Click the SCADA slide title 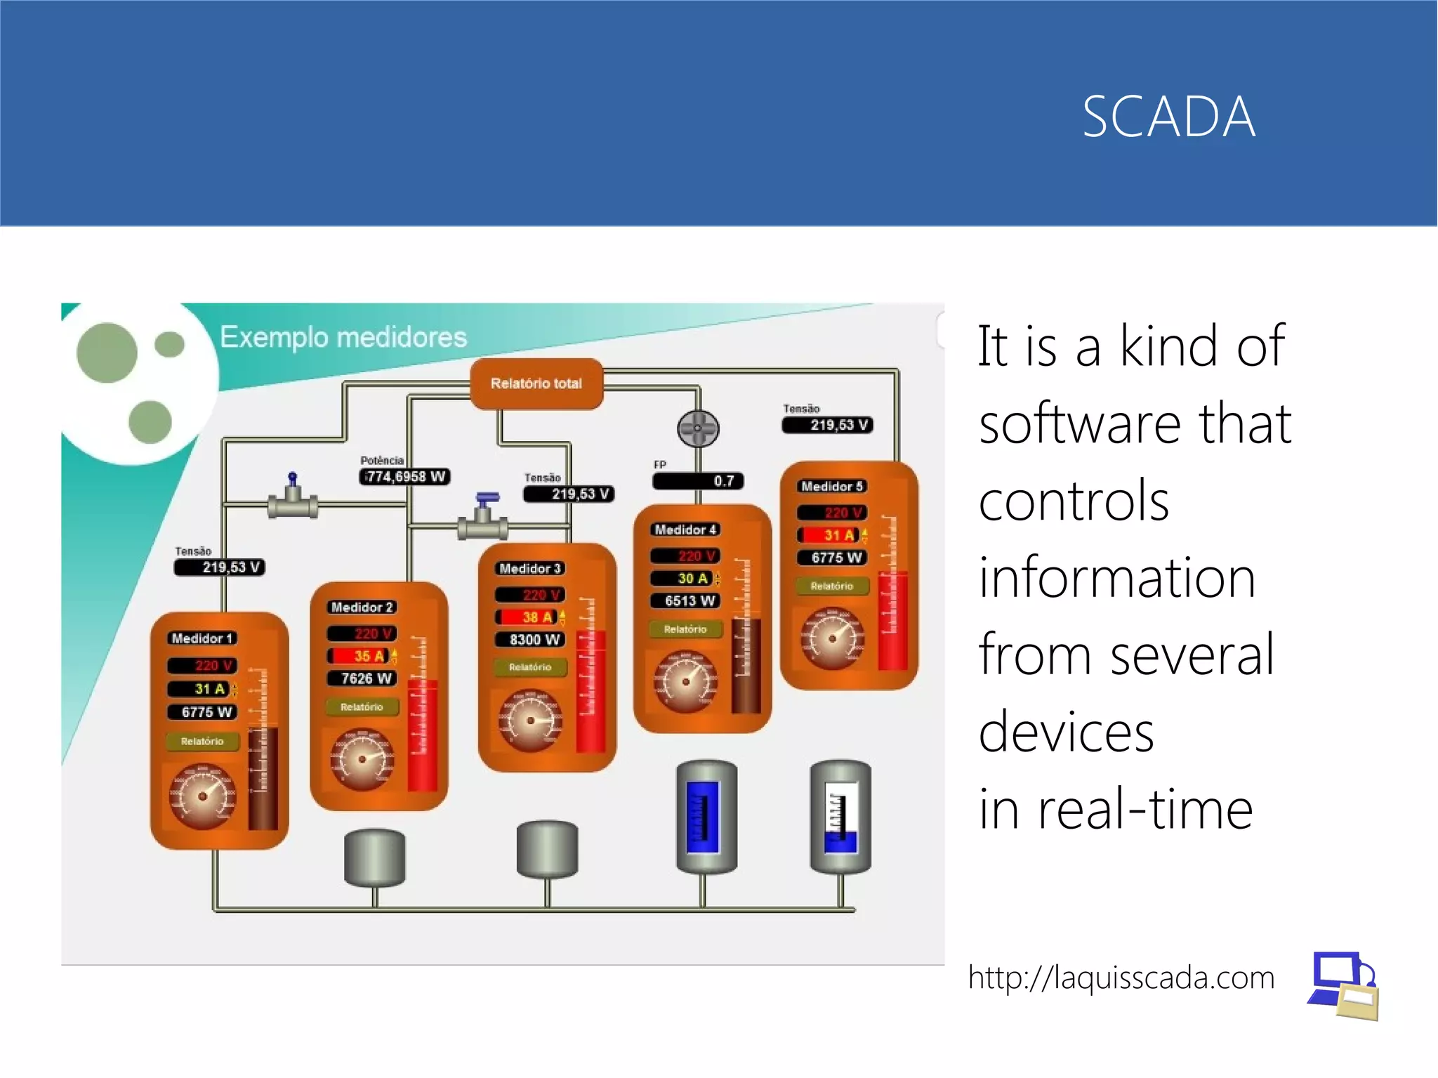click(1168, 117)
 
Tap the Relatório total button click(536, 383)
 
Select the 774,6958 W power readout click(405, 477)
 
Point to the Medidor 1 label click(202, 638)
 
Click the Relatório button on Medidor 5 click(832, 586)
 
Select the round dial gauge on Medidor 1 click(202, 796)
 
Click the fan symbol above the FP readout click(698, 428)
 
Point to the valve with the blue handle click(483, 518)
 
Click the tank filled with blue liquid click(705, 817)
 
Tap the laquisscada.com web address click(1121, 978)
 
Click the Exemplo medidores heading click(343, 337)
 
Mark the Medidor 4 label click(685, 530)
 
